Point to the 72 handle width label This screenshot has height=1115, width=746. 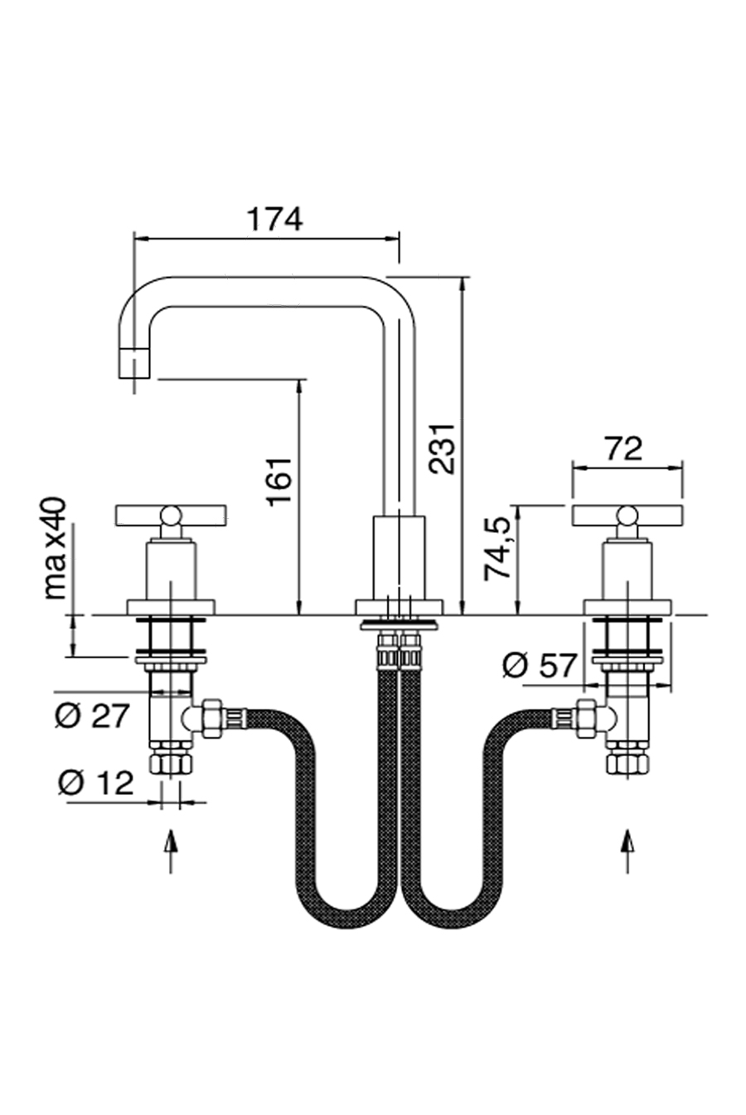coord(623,448)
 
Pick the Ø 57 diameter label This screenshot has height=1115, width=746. coord(539,665)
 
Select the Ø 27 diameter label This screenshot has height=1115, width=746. coord(94,715)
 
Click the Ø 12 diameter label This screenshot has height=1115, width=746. coord(95,782)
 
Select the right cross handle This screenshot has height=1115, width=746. coord(627,516)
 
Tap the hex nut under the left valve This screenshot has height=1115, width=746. coord(171,762)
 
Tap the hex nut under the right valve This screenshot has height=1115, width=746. coord(627,762)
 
